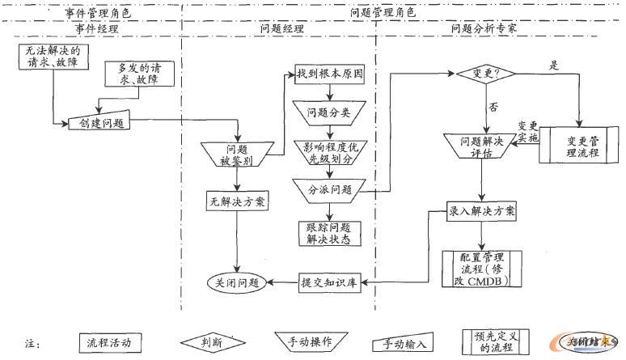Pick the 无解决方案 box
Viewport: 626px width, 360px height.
pyautogui.click(x=236, y=201)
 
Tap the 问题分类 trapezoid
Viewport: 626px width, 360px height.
pyautogui.click(x=328, y=112)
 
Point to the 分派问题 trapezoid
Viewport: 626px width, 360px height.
pyautogui.click(x=329, y=190)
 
